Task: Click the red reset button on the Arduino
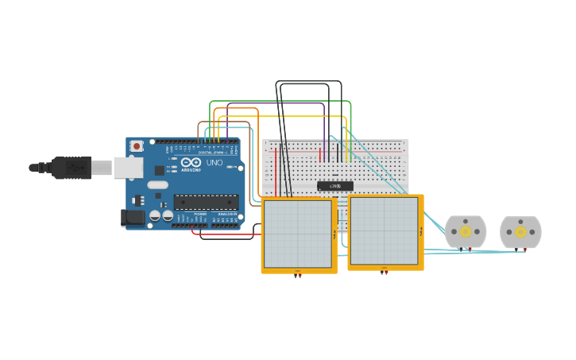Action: click(137, 146)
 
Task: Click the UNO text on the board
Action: click(215, 163)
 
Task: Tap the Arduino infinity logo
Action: click(191, 162)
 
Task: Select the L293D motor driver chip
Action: click(334, 186)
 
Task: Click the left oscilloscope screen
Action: click(298, 234)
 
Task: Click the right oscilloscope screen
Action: click(384, 230)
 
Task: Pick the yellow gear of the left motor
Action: click(466, 231)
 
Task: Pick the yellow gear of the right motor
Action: click(520, 232)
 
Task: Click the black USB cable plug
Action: click(72, 168)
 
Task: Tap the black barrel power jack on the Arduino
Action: click(132, 217)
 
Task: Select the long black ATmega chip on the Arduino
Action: click(206, 202)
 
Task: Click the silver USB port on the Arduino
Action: click(128, 168)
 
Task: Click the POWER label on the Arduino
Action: click(199, 214)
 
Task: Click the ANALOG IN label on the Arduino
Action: click(226, 214)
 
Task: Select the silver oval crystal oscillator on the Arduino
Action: click(158, 184)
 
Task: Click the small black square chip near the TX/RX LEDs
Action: click(159, 170)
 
